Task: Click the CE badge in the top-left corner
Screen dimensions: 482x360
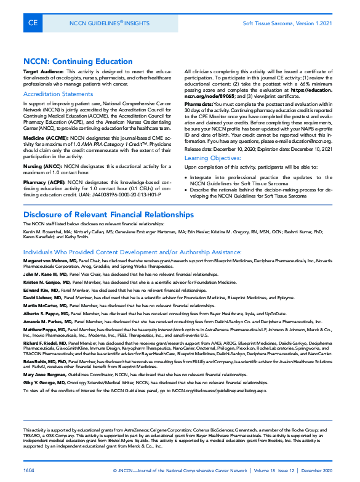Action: [33, 23]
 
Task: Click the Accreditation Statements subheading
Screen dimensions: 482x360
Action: [58, 94]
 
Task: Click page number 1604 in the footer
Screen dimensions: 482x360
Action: [30, 470]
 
